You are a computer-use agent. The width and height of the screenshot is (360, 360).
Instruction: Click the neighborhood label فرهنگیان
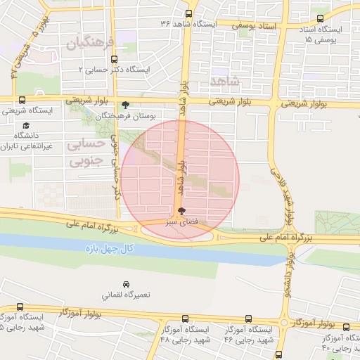pos(89,44)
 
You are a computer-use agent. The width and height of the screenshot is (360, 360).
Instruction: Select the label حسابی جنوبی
pos(86,153)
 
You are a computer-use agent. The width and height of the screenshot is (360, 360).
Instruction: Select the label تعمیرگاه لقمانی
pos(103,295)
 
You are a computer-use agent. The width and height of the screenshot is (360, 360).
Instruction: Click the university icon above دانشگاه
pos(26,125)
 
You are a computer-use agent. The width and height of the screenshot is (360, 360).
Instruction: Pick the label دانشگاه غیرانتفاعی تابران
pos(29,141)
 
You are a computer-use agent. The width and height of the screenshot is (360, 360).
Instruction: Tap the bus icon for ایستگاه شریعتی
pos(22,101)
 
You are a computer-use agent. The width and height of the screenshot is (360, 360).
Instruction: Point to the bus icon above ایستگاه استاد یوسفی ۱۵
pos(321,19)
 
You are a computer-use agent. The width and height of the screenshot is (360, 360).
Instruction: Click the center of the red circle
pos(180,179)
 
